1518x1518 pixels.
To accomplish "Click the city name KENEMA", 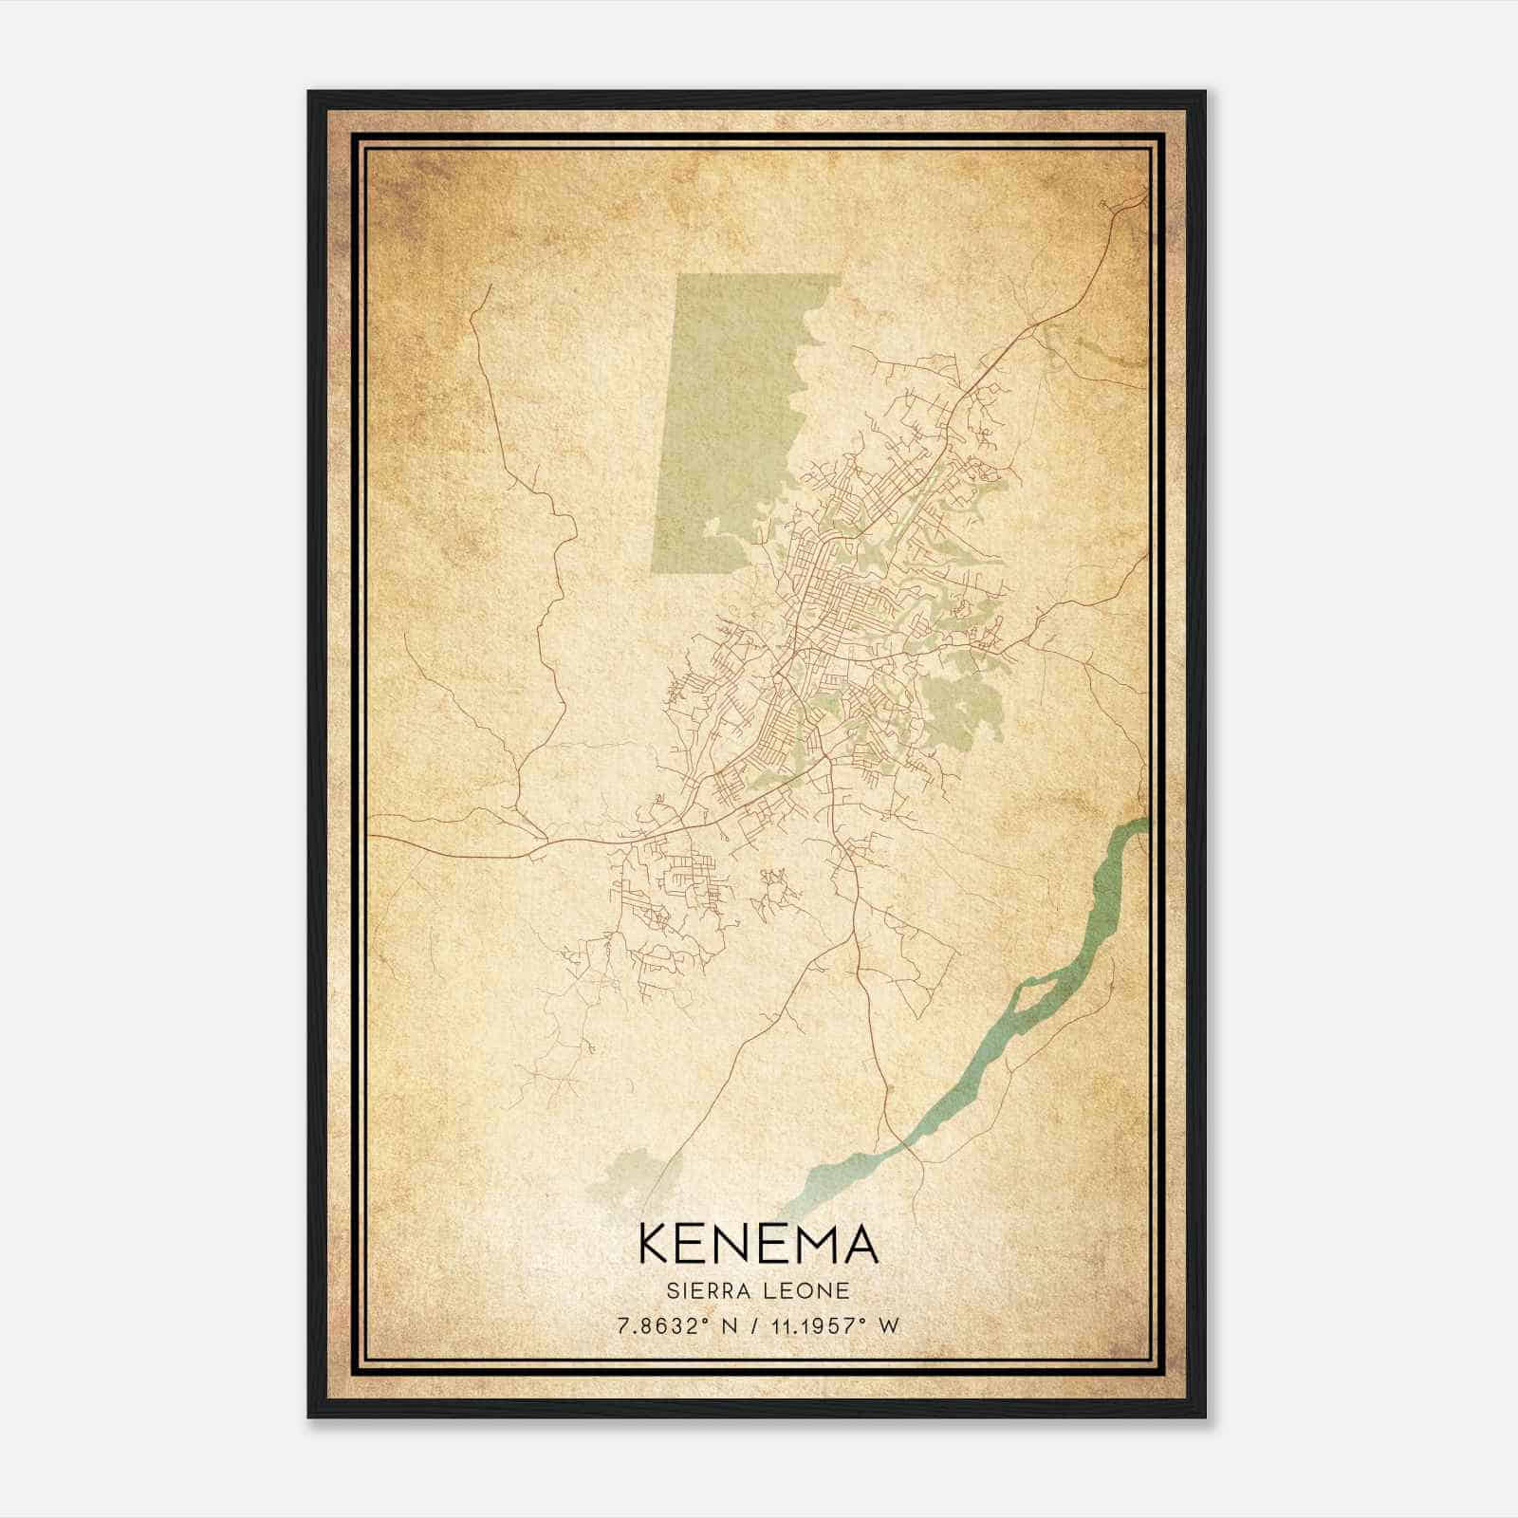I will click(x=758, y=1244).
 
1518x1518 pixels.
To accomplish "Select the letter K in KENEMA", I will click(x=655, y=1244).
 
